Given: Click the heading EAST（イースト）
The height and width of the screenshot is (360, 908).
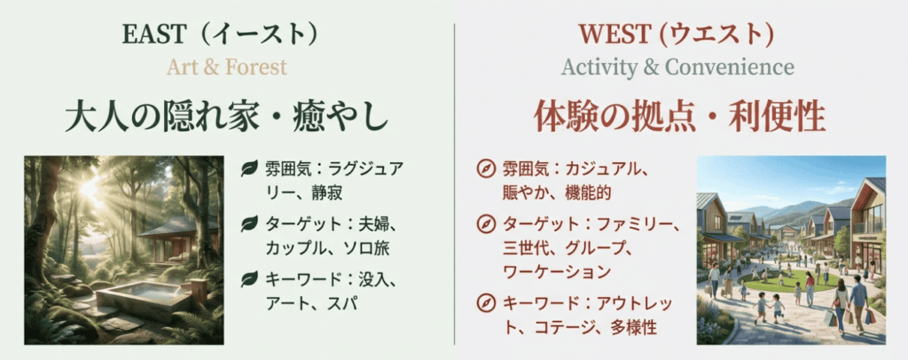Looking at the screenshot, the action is click(221, 35).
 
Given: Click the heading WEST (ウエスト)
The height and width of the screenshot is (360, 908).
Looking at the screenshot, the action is click(676, 35).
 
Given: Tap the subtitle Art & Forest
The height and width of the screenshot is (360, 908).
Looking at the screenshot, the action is click(227, 67).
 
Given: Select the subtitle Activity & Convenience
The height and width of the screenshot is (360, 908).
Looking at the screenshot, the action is click(677, 67).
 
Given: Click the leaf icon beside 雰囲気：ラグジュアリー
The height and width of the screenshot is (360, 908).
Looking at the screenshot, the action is click(249, 168).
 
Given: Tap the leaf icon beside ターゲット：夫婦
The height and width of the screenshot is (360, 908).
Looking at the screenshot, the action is click(249, 223).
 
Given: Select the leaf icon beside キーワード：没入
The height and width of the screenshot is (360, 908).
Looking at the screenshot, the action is click(249, 279).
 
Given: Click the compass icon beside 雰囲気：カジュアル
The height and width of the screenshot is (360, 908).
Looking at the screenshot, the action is click(485, 168).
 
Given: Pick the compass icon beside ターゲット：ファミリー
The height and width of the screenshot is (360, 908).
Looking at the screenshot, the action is click(485, 223).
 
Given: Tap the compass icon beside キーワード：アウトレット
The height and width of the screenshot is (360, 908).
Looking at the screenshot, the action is click(485, 302).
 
